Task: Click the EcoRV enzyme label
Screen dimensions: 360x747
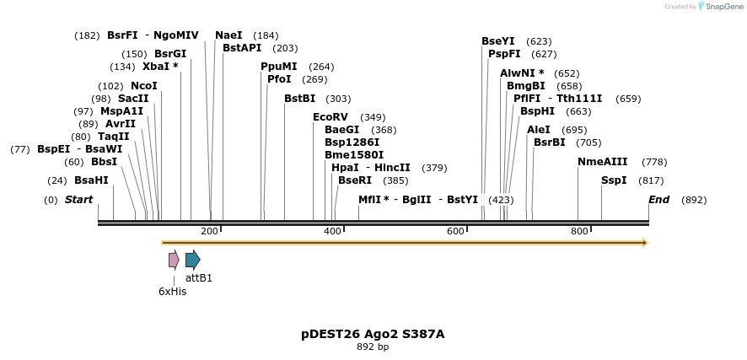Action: (331, 117)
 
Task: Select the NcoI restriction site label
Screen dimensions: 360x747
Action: (144, 86)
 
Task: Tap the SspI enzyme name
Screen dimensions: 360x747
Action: (614, 180)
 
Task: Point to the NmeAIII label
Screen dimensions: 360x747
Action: (602, 162)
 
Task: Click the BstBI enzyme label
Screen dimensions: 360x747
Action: (299, 99)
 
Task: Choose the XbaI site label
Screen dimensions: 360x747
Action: (160, 67)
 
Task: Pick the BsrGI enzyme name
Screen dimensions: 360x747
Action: (170, 54)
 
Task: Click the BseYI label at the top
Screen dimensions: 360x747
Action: (497, 41)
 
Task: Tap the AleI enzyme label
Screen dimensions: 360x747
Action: (539, 130)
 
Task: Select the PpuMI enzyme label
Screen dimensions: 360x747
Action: (279, 67)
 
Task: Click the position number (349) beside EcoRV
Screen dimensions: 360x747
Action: (373, 117)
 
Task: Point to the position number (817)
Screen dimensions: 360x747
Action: (651, 180)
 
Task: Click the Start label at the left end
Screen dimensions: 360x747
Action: (78, 200)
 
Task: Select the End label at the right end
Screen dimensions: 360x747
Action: (658, 200)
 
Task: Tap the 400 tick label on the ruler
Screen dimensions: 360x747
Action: (333, 231)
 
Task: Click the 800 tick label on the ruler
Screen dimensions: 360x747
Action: (579, 231)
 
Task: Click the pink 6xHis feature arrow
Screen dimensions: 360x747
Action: (174, 260)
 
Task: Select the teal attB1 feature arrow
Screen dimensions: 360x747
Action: (193, 260)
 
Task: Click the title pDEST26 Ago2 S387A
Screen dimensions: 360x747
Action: (373, 334)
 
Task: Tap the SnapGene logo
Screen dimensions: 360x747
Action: (722, 6)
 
